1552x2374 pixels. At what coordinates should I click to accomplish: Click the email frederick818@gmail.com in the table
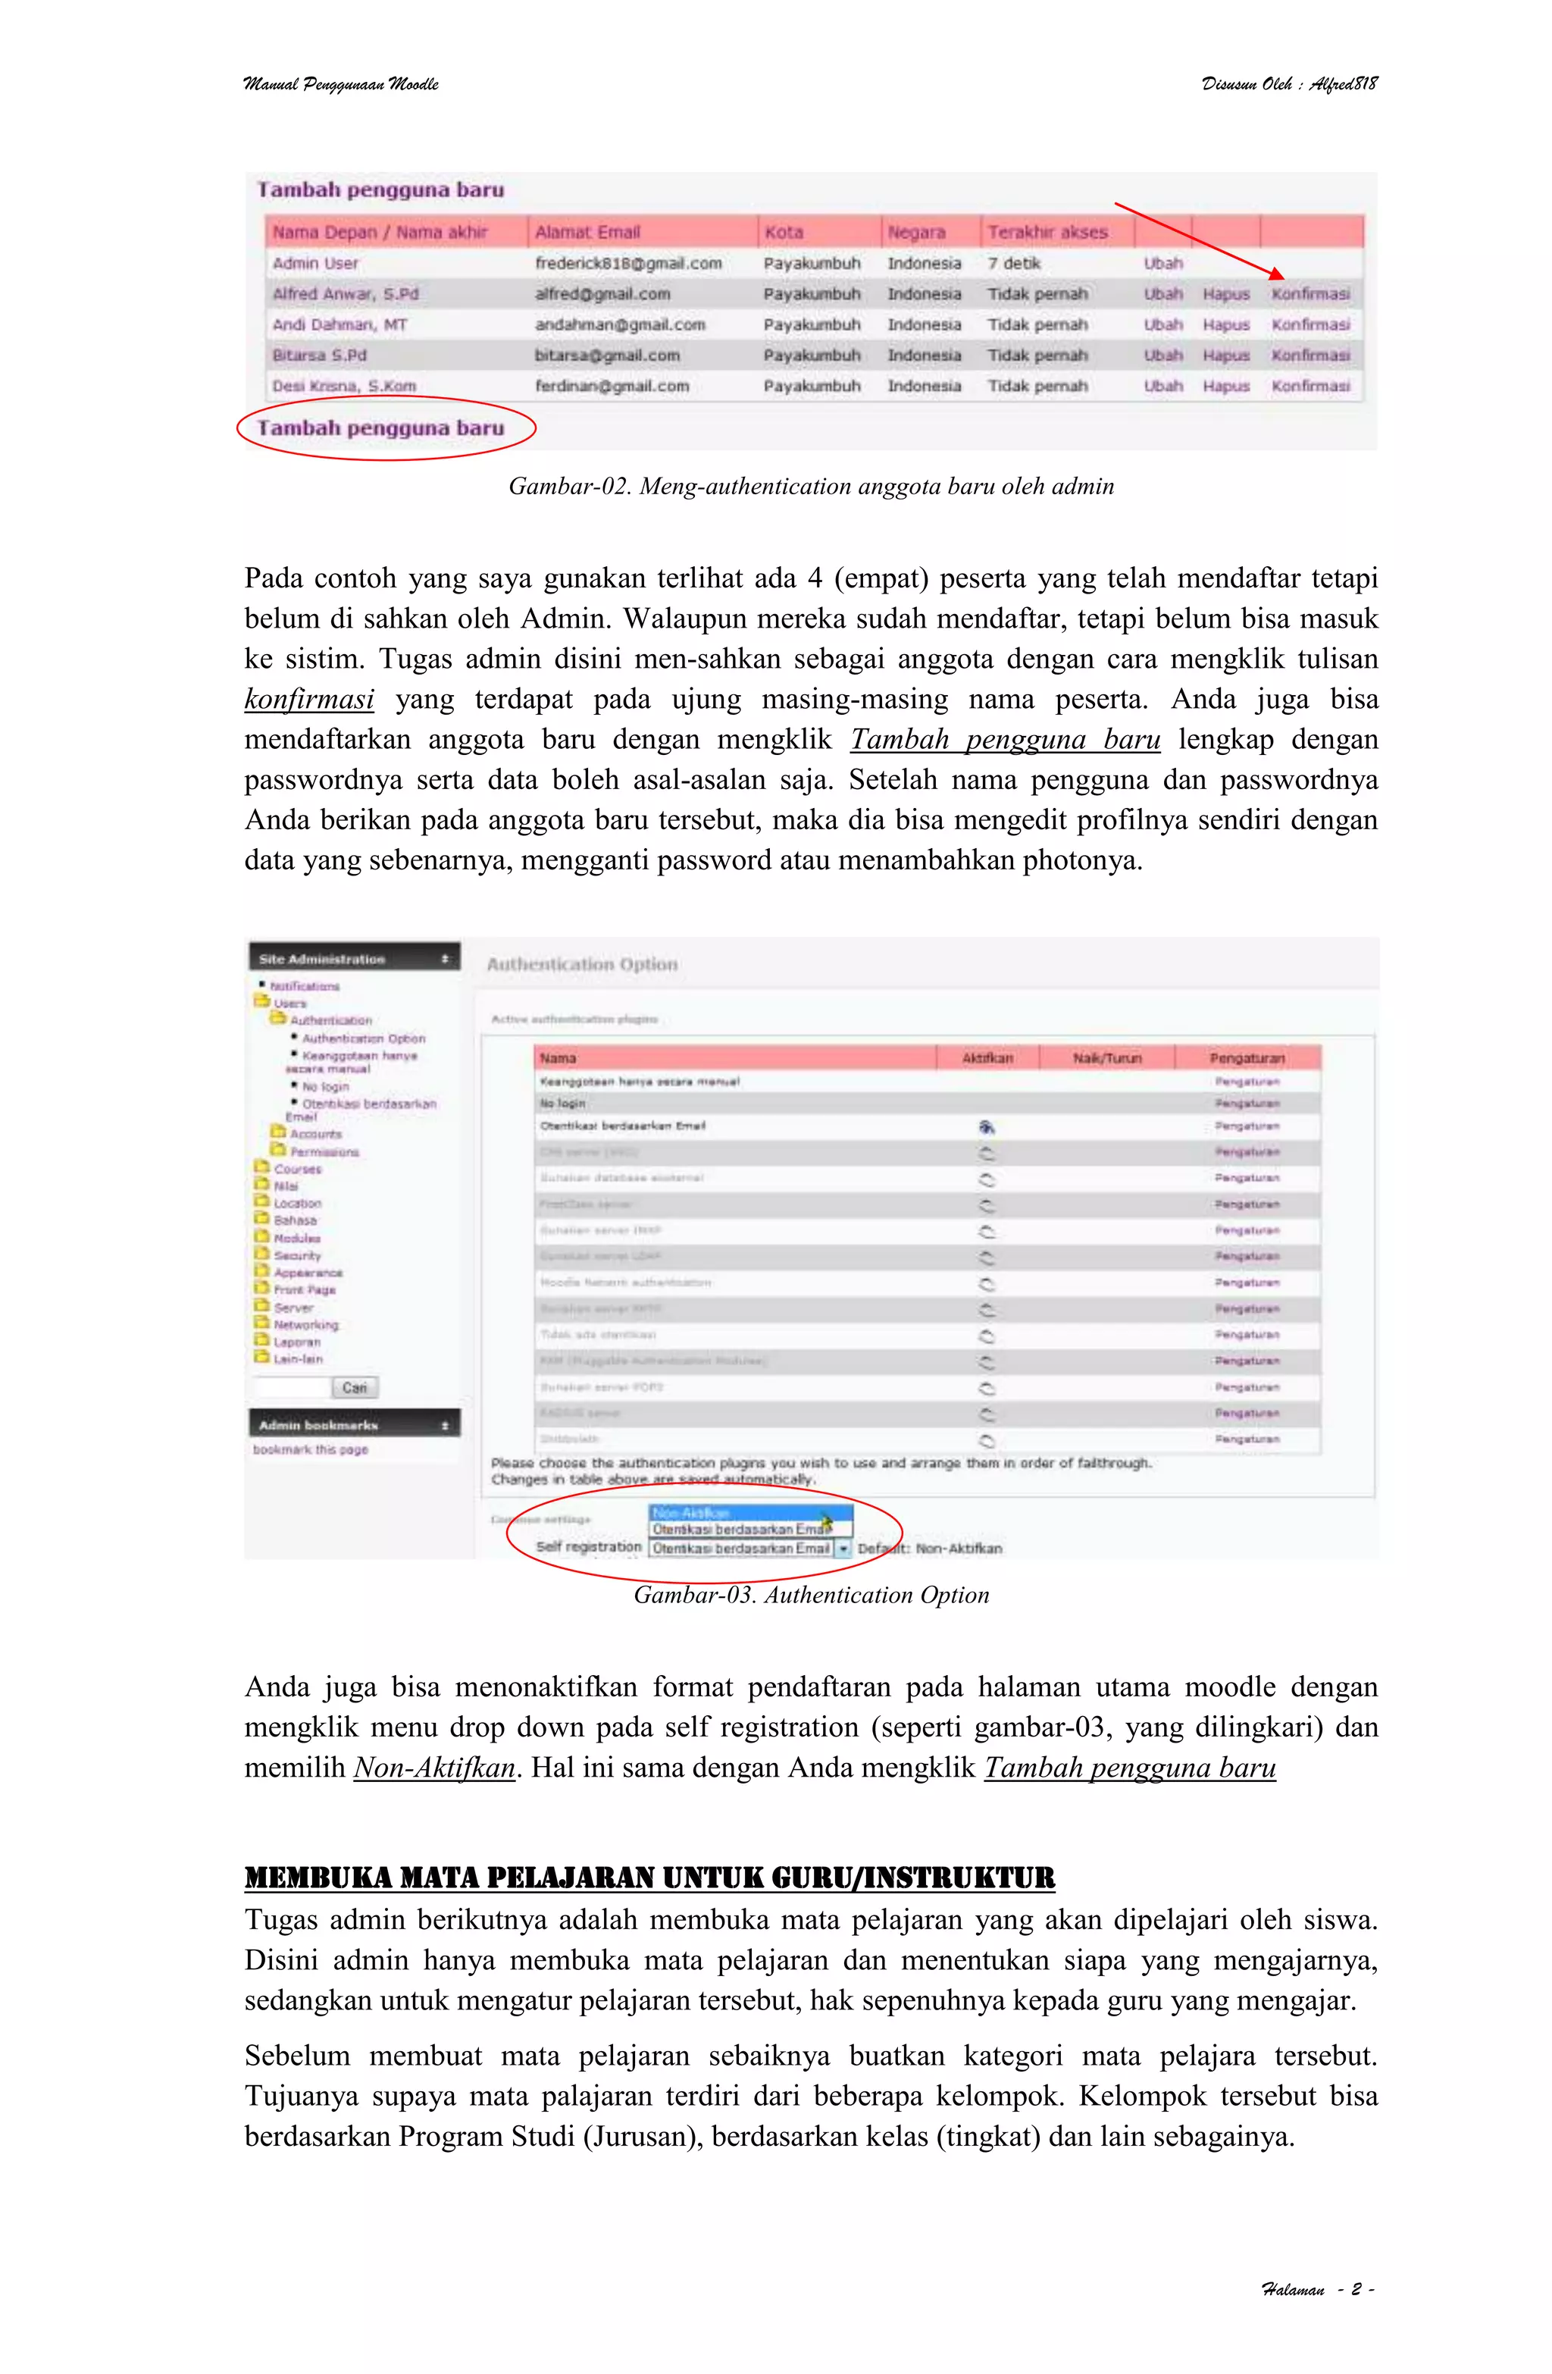pos(627,263)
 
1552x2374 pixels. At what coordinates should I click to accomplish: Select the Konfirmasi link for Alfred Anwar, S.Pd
pos(1309,294)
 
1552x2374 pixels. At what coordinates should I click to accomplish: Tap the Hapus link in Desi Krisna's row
pos(1225,386)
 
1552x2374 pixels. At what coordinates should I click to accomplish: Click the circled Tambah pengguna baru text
pos(381,428)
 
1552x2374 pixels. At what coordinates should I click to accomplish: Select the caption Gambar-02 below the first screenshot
pos(810,487)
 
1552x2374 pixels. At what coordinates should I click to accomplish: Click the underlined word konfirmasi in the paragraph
pos(309,699)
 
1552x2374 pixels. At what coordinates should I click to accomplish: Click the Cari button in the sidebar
pos(354,1388)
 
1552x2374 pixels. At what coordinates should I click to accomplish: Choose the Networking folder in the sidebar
pos(305,1325)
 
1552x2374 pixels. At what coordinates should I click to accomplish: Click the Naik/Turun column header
pos(1106,1057)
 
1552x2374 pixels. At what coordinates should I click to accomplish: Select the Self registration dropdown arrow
pos(843,1548)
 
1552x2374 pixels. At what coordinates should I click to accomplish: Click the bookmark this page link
pos(310,1449)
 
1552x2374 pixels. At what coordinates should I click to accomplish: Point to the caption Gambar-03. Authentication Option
pos(810,1595)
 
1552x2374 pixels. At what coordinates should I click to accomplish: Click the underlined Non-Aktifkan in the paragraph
pos(434,1768)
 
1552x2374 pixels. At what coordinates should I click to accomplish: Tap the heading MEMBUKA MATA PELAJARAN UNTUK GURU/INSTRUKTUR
pos(649,1878)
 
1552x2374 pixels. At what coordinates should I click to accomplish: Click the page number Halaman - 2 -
pos(1316,2289)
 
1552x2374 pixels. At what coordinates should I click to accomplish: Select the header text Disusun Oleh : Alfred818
pos(1289,84)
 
